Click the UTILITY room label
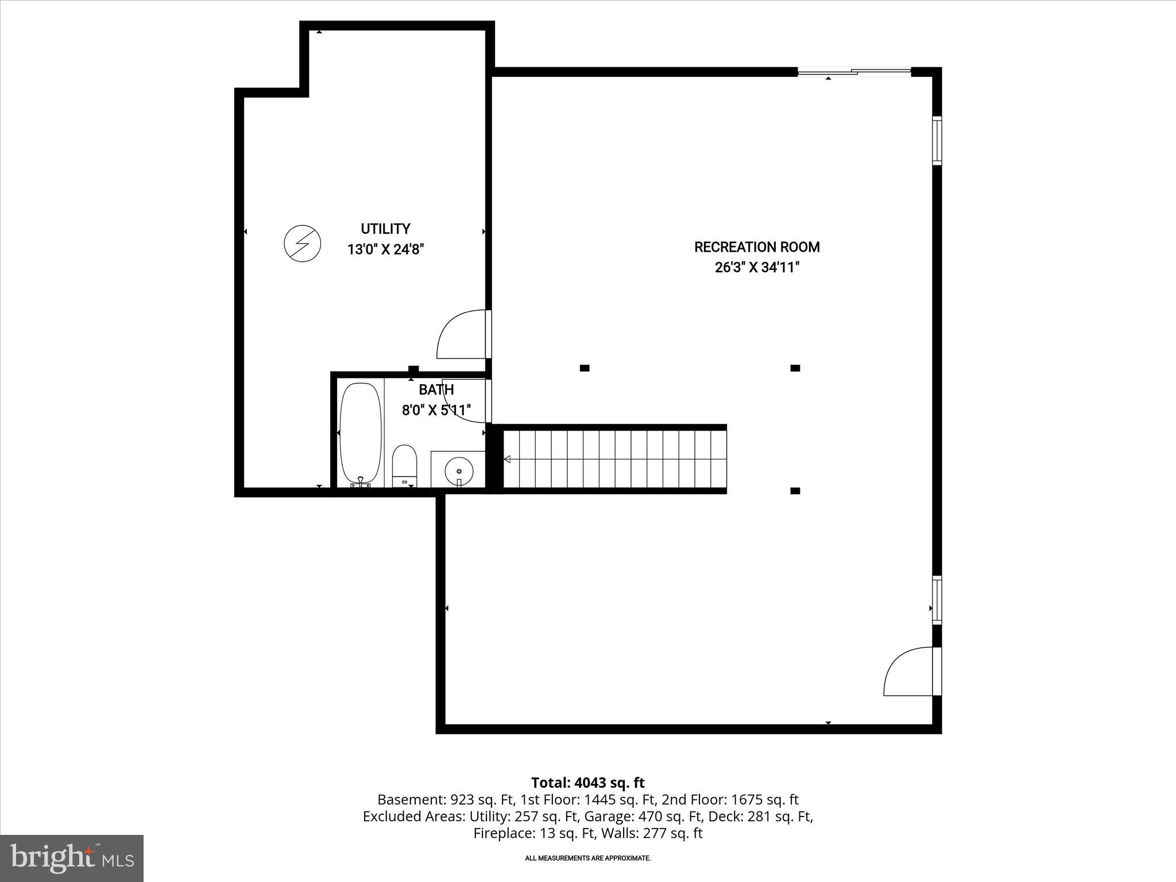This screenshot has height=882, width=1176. [385, 229]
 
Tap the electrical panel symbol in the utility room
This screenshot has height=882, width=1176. [303, 244]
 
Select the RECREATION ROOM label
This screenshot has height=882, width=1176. [756, 247]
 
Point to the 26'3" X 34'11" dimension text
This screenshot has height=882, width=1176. [757, 268]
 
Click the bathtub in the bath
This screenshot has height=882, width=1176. [361, 434]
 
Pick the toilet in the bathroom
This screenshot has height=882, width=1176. [404, 465]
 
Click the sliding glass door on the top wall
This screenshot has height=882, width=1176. [854, 72]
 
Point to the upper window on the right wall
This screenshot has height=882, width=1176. [937, 140]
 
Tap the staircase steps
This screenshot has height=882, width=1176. [614, 459]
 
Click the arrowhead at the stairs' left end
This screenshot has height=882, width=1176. [507, 459]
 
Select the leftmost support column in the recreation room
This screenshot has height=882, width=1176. [585, 368]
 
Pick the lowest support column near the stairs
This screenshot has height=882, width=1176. [795, 490]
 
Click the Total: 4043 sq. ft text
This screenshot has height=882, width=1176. [587, 783]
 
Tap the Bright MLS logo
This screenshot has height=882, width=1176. [72, 858]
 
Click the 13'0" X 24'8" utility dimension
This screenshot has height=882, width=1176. [385, 250]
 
